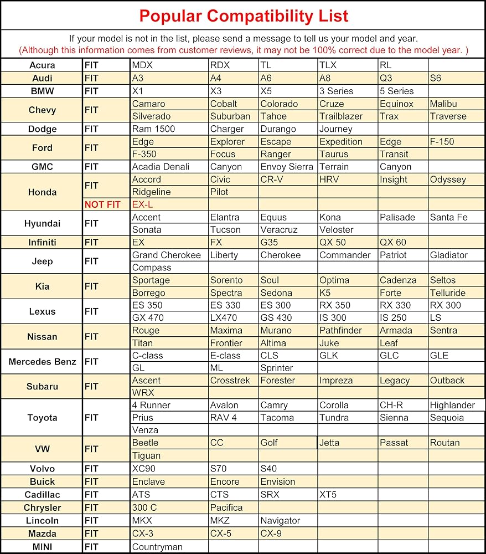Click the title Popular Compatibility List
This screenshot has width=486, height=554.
244,16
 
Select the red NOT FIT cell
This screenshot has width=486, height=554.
102,205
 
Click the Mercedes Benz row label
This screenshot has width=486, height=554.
42,362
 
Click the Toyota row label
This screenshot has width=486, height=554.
42,418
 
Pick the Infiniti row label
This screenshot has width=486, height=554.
42,243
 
